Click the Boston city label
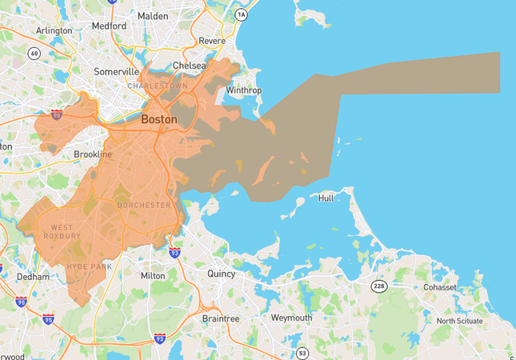click(159, 119)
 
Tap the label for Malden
click(152, 15)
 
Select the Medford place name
click(109, 26)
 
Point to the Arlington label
click(54, 31)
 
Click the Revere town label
click(211, 40)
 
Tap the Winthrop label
click(244, 90)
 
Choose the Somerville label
click(117, 71)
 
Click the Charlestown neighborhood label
click(158, 86)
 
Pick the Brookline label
click(93, 154)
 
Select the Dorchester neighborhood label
click(144, 206)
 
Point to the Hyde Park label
click(90, 266)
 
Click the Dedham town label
click(34, 277)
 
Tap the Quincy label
click(221, 274)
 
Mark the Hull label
click(326, 198)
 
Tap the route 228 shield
click(378, 286)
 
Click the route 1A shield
click(242, 15)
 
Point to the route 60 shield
click(34, 54)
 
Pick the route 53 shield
click(302, 353)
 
